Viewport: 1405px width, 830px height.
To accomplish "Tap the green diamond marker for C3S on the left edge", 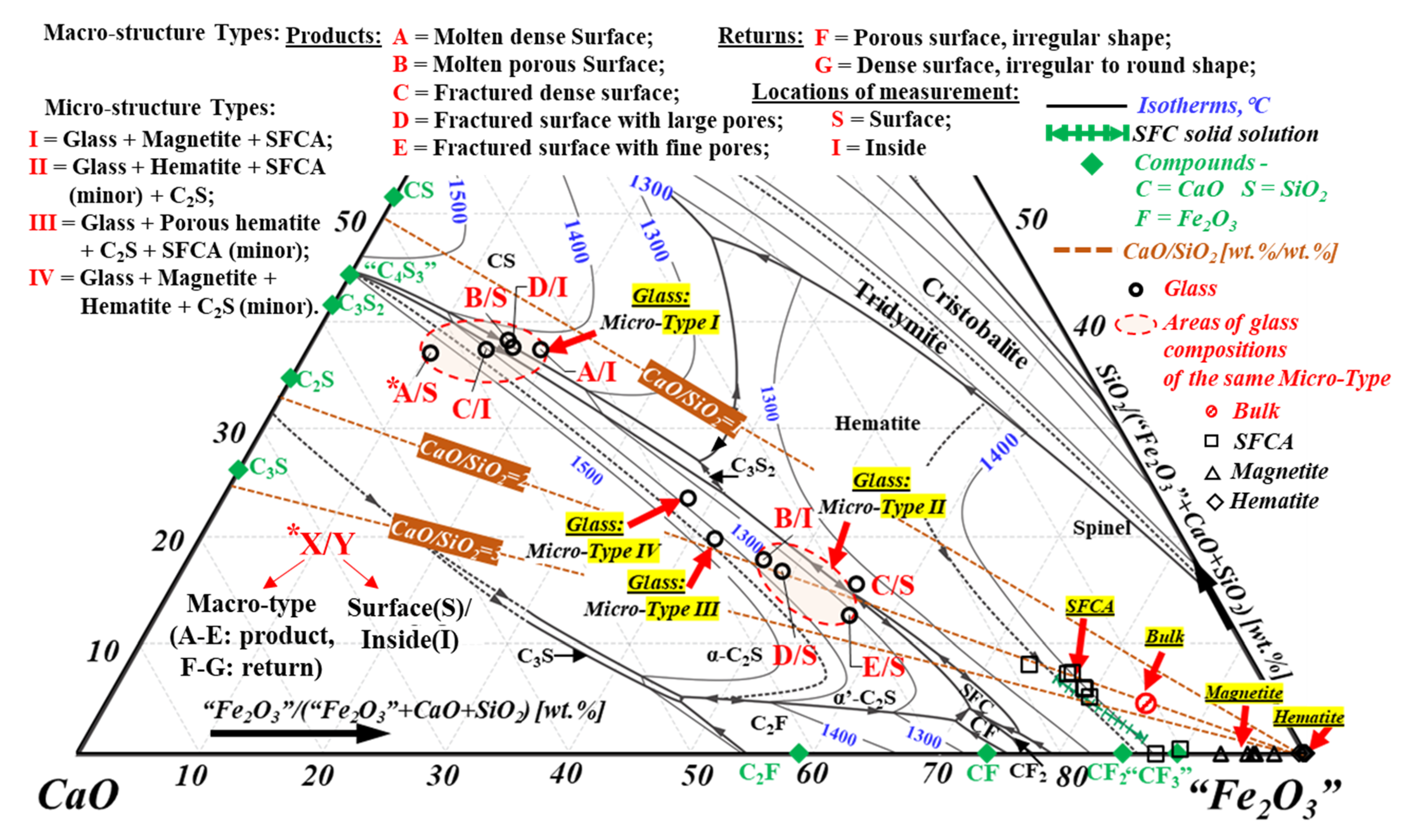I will click(x=238, y=469).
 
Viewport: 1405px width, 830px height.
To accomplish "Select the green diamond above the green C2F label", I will click(x=799, y=753).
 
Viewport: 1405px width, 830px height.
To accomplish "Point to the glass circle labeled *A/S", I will click(x=430, y=353).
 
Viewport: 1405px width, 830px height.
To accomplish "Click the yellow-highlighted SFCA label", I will click(x=1090, y=606).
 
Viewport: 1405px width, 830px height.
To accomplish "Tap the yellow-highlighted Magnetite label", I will click(x=1243, y=693).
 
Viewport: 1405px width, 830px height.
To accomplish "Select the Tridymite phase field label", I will click(x=901, y=318).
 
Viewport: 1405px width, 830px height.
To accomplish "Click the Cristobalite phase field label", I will click(x=974, y=323).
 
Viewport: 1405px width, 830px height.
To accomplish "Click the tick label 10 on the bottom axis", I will click(x=191, y=776).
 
